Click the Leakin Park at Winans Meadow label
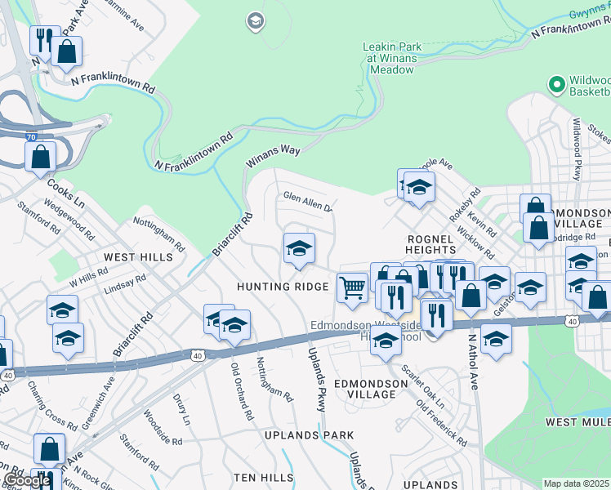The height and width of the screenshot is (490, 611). (x=392, y=58)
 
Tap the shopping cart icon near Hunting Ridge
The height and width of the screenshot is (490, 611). (x=352, y=287)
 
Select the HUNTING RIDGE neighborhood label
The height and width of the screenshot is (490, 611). (x=282, y=287)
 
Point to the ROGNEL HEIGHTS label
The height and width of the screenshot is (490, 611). (x=430, y=243)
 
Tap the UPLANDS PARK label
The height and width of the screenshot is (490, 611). (x=309, y=435)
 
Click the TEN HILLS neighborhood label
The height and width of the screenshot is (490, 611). (x=263, y=476)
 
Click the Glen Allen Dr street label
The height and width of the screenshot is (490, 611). (x=307, y=201)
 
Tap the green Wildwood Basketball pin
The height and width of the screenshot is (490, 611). (x=557, y=84)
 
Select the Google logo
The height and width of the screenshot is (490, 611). (x=27, y=480)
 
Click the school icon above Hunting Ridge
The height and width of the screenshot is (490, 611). (x=299, y=249)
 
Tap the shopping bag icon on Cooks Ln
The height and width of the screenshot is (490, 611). (x=41, y=156)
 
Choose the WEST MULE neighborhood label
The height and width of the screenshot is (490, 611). (x=577, y=421)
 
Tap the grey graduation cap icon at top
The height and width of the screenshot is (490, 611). (x=255, y=20)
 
